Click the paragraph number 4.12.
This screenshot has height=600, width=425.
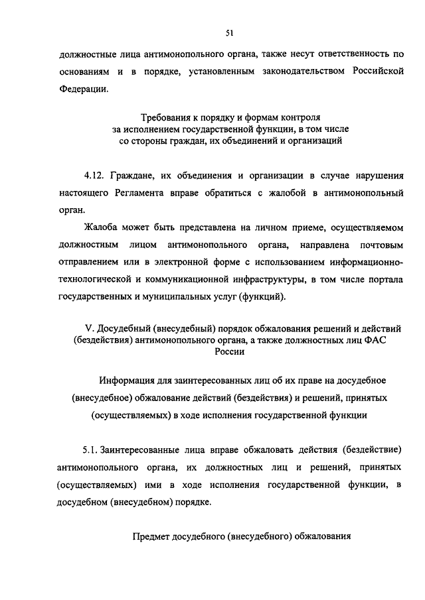tap(95, 177)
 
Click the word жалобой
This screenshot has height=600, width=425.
tap(284, 194)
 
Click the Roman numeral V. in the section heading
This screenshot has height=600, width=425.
tap(90, 329)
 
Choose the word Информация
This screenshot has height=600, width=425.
tap(129, 382)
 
